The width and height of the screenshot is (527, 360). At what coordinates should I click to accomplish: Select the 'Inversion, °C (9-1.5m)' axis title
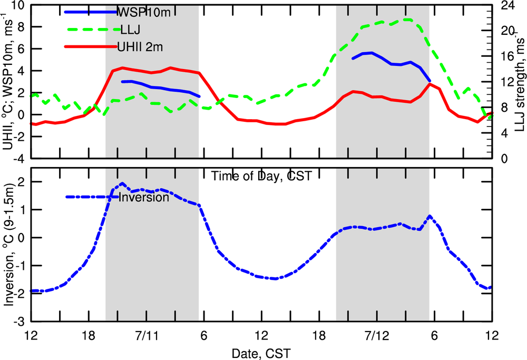coord(8,245)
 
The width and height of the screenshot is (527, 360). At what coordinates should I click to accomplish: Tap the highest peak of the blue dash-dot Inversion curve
coord(122,183)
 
